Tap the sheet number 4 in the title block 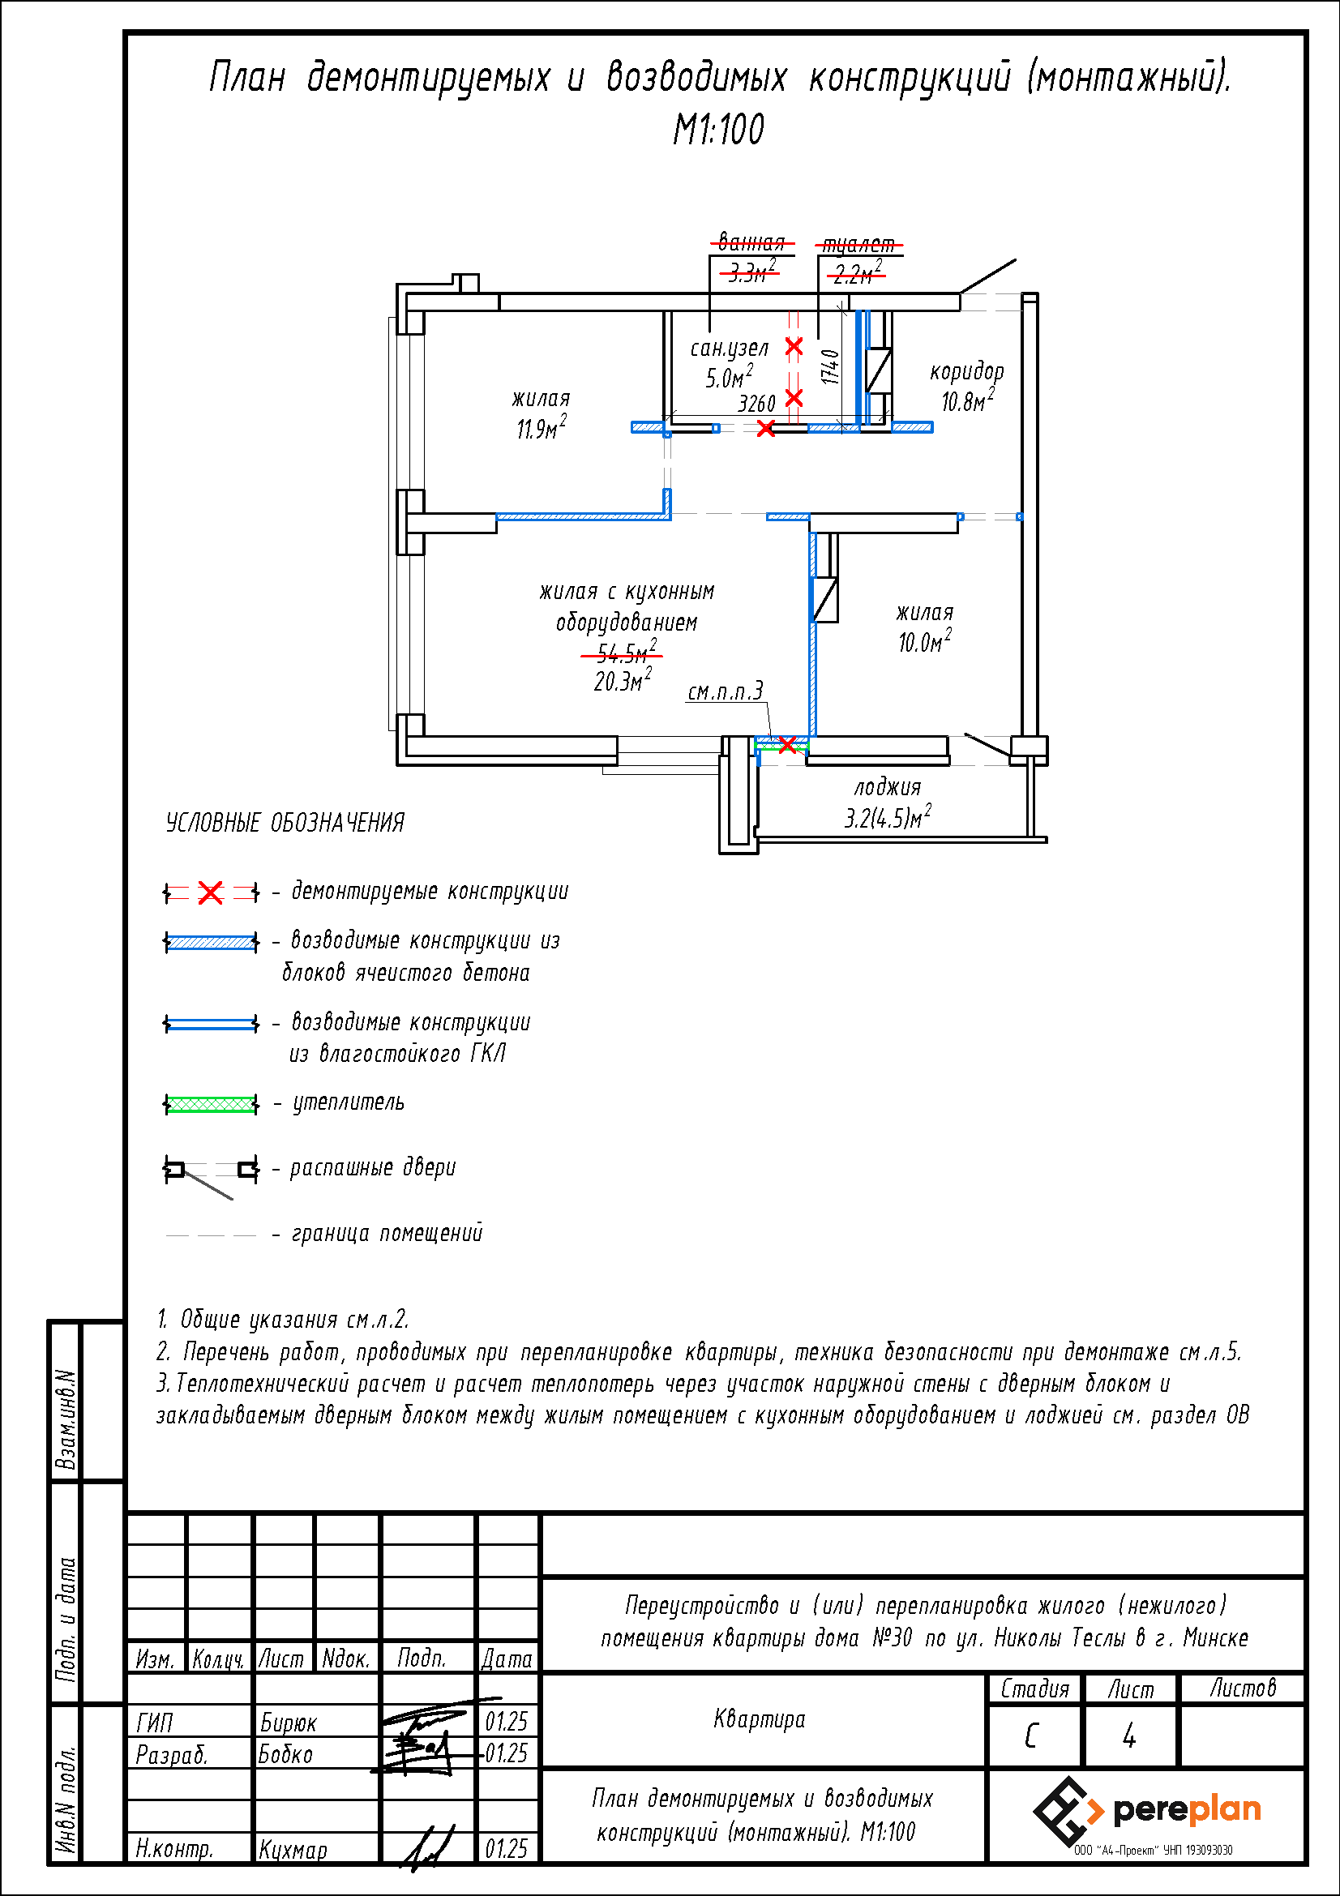1128,1736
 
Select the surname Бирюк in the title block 288,1723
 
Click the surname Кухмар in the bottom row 293,1850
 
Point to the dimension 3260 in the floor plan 756,404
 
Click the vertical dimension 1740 831,366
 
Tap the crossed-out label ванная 751,242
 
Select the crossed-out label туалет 858,245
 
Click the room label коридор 967,371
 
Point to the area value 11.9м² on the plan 542,428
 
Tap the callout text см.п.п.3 726,691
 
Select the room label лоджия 888,787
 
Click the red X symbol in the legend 211,892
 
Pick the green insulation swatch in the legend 211,1104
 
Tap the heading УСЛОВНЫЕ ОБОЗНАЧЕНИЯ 285,823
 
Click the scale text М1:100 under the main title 718,130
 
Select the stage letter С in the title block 1031,1736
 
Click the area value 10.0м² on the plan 925,641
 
